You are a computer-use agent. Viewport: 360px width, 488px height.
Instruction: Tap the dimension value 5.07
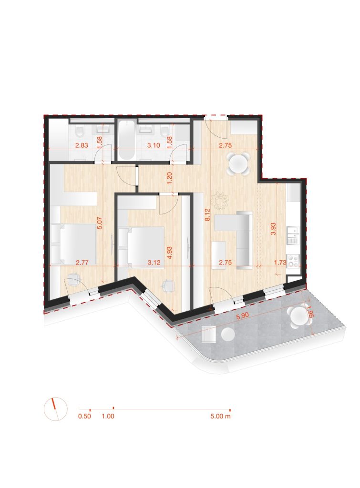100,224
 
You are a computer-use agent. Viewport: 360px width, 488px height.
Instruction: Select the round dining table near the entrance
238,163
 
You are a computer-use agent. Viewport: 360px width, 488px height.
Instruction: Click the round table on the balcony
298,316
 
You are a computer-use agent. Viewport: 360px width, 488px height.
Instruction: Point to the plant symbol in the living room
220,200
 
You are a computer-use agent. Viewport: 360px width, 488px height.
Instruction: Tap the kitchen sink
292,234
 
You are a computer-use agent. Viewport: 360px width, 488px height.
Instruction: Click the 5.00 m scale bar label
220,416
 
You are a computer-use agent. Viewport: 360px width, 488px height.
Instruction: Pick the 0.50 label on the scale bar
84,416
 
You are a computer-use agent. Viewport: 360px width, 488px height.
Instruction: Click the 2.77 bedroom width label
82,262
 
